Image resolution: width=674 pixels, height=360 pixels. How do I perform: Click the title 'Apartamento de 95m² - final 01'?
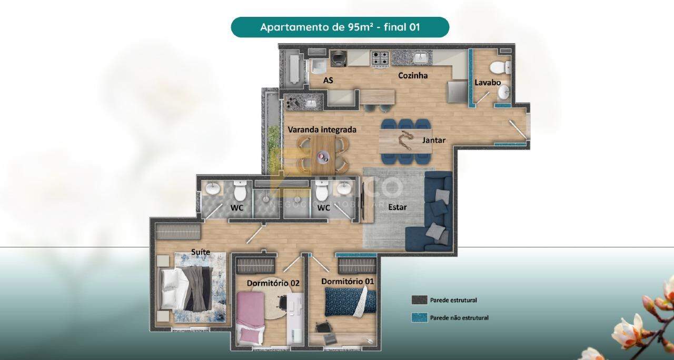340,27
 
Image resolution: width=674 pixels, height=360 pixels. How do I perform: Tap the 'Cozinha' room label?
412,75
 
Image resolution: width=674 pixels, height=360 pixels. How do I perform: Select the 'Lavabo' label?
488,83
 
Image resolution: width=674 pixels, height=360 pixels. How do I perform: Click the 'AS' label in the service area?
328,81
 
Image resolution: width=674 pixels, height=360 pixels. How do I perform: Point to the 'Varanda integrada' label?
322,129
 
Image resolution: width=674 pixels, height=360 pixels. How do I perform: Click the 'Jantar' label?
434,141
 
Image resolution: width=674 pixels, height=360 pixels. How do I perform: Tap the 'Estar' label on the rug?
397,207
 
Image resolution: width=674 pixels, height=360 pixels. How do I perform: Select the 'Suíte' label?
201,252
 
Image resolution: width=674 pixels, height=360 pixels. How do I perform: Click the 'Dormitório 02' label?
273,283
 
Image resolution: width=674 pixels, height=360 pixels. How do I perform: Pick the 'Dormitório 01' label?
348,282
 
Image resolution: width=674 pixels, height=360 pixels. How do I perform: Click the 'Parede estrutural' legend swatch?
419,300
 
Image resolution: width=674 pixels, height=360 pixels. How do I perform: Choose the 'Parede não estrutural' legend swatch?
419,317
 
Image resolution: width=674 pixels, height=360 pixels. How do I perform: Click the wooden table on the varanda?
322,153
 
